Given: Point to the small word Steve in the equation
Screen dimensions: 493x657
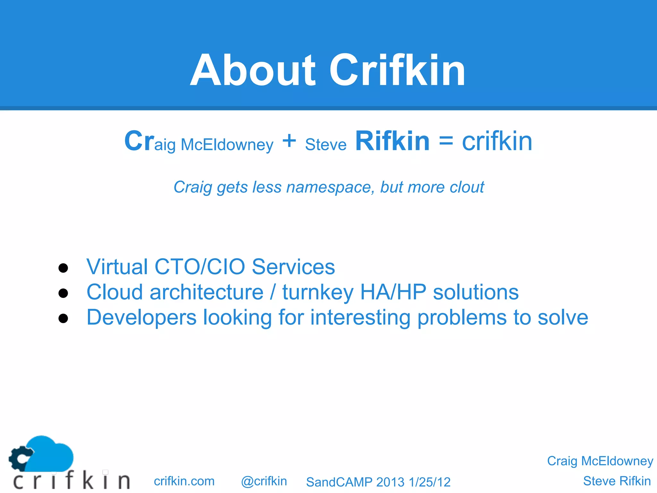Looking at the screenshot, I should click(326, 145).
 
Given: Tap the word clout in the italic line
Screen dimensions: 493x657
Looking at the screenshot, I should click(467, 187).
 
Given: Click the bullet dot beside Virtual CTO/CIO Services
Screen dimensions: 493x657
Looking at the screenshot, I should click(63, 268).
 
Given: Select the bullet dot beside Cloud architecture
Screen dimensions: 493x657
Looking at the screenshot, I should click(63, 293).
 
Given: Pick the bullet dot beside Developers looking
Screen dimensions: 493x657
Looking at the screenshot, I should click(63, 318).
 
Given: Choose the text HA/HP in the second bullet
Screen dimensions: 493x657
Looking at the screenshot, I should click(393, 292).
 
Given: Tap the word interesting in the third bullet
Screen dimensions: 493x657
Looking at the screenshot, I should click(360, 317).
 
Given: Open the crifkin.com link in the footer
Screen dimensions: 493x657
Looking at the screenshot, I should click(184, 481).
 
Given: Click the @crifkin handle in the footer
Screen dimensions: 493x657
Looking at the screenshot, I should click(264, 481).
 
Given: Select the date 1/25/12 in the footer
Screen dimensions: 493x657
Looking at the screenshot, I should click(430, 482).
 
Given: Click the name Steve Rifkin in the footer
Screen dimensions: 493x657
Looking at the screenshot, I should click(617, 481).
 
